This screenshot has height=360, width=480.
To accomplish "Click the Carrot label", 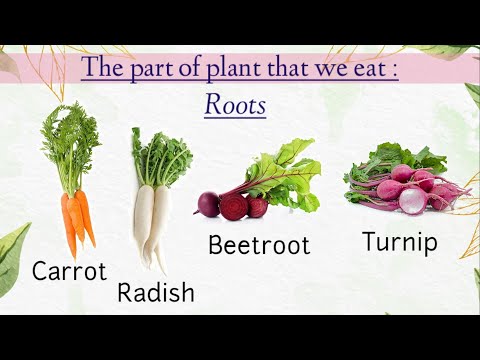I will (70, 270).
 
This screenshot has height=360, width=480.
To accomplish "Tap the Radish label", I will (156, 293).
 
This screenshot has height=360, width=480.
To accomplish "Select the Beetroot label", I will (259, 245).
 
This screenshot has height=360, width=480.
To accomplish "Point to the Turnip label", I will (399, 242).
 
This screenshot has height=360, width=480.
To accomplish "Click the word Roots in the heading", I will (235, 104).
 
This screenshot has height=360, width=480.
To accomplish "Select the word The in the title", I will (100, 70).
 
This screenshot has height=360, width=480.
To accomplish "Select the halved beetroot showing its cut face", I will (233, 207).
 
